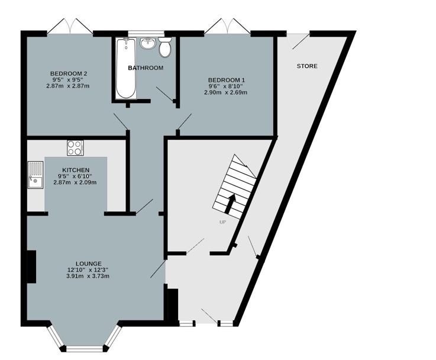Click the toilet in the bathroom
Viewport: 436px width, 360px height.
[x=164, y=47]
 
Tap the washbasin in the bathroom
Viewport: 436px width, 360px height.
[x=148, y=43]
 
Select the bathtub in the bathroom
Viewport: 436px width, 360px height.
[x=126, y=69]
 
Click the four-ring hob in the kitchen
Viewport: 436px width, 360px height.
[x=75, y=147]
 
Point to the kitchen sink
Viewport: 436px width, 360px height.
[x=35, y=175]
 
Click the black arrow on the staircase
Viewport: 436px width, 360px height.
[x=230, y=204]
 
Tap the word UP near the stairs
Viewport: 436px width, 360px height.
[x=222, y=222]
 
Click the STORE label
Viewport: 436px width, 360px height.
[x=307, y=66]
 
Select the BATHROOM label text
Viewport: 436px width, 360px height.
[x=146, y=68]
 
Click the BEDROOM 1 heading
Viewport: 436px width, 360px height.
[x=226, y=79]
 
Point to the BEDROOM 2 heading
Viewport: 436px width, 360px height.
[x=69, y=73]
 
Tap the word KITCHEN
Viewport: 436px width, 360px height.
[x=76, y=170]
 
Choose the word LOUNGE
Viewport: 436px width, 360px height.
[x=89, y=263]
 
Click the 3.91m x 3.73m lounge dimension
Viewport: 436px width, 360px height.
[x=88, y=276]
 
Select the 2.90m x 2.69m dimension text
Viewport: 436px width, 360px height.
[x=226, y=92]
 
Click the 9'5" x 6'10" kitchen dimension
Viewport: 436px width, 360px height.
[x=75, y=176]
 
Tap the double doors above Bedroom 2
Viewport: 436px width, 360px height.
[x=70, y=27]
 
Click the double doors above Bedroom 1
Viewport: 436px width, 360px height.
[x=227, y=27]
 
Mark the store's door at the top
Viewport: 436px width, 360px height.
[x=298, y=41]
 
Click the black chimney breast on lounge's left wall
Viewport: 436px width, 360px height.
[x=31, y=266]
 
